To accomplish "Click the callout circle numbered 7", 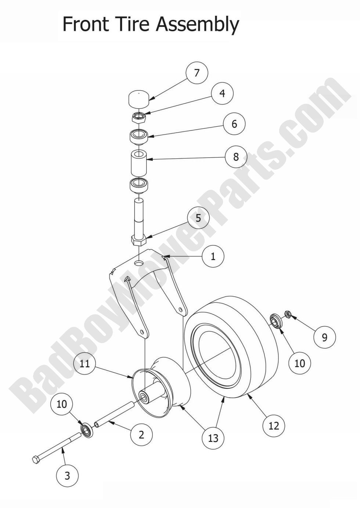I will pos(197,73).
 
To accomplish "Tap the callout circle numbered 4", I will pos(222,93).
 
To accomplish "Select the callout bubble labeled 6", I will pos(234,124).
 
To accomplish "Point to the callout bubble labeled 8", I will pos(236,157).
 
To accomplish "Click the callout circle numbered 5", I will pos(198,218).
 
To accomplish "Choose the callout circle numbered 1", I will pos(213,256).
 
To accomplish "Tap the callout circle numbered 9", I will pos(324,337).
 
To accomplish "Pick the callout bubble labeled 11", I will pos(85,364).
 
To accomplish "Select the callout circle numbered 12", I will pos(274,425).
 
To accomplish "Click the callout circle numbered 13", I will pos(213,438).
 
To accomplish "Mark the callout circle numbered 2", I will pos(141,435).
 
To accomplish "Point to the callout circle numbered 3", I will pos(67,476).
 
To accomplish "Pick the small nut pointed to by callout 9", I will pos(288,314).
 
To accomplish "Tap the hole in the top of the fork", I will pos(138,263).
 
